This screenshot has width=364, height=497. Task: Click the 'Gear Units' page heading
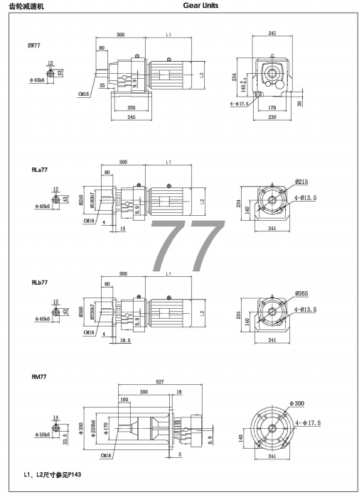click(201, 6)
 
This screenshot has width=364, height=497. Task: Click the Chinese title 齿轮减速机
click(28, 6)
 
